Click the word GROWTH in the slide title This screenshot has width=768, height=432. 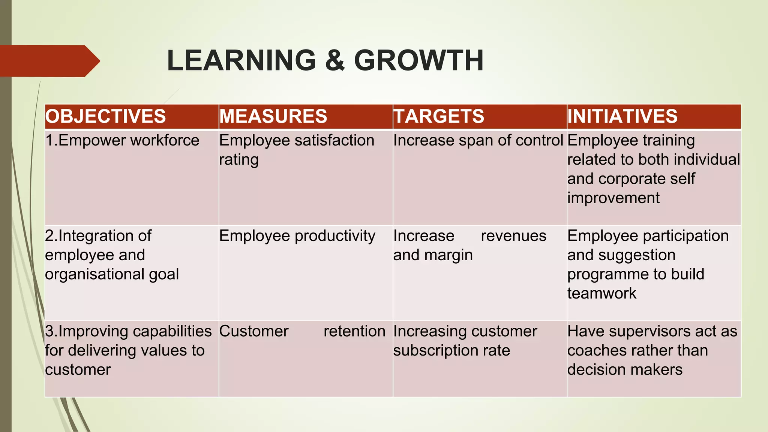pyautogui.click(x=418, y=60)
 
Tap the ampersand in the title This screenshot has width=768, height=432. pyautogui.click(x=335, y=60)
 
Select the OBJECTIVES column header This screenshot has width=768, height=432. pyautogui.click(x=106, y=116)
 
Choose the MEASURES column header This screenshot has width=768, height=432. pyautogui.click(x=273, y=116)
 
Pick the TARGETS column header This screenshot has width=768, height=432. pyautogui.click(x=439, y=116)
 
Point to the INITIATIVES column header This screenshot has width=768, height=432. pyautogui.click(x=622, y=116)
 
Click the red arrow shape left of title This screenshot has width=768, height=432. pyautogui.click(x=49, y=61)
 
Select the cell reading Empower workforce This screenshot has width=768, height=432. pyautogui.click(x=122, y=141)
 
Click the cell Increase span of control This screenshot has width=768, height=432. pyautogui.click(x=478, y=141)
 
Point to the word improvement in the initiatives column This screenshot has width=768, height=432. pyautogui.click(x=613, y=198)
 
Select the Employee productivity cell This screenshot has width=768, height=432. pyautogui.click(x=297, y=236)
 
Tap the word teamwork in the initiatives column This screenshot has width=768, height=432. pyautogui.click(x=601, y=294)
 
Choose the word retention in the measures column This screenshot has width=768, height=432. pyautogui.click(x=354, y=331)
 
